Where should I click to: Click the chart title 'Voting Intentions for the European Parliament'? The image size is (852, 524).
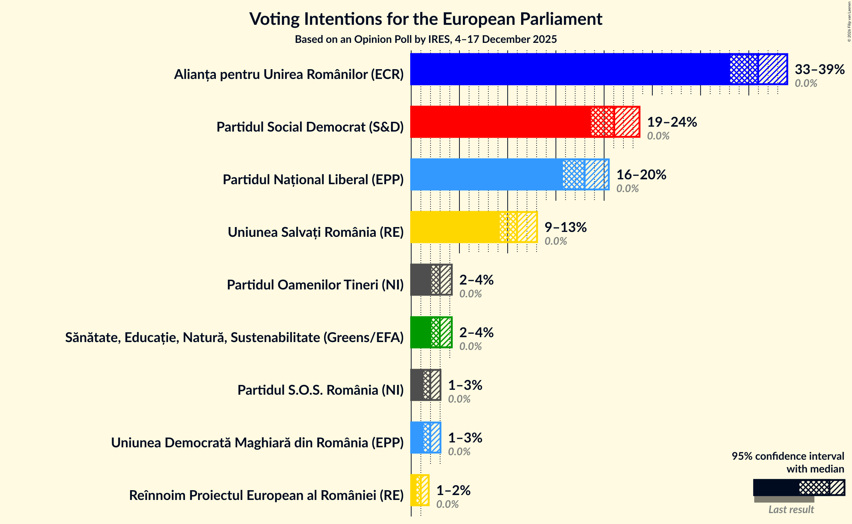pos(426,19)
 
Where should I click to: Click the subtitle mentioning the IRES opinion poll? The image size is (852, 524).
pos(426,39)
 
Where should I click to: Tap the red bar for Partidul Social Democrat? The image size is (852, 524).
pos(500,122)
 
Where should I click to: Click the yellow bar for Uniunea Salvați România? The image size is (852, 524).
pos(455,227)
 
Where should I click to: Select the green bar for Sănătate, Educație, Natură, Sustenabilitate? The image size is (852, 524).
pos(421,332)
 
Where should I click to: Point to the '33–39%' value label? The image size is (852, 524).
pos(819,69)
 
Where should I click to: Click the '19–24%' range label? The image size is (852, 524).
pos(672,122)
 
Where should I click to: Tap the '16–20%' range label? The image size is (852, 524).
pos(641,174)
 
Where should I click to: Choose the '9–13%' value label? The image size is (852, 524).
pos(565,227)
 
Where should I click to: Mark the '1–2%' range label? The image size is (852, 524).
pos(453,490)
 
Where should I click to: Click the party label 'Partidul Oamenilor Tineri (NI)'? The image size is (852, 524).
pos(315,285)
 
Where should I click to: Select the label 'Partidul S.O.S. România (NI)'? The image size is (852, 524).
pos(320,390)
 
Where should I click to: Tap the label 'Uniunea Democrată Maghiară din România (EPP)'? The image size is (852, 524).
pos(257,443)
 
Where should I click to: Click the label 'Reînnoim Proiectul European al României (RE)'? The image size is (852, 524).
pos(266,495)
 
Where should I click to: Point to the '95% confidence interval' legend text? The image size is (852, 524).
pos(788,456)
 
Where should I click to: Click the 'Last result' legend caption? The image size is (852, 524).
pos(791,509)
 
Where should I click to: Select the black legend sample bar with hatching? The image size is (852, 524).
pos(799,488)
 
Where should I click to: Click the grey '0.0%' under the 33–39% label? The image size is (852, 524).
pos(806,83)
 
